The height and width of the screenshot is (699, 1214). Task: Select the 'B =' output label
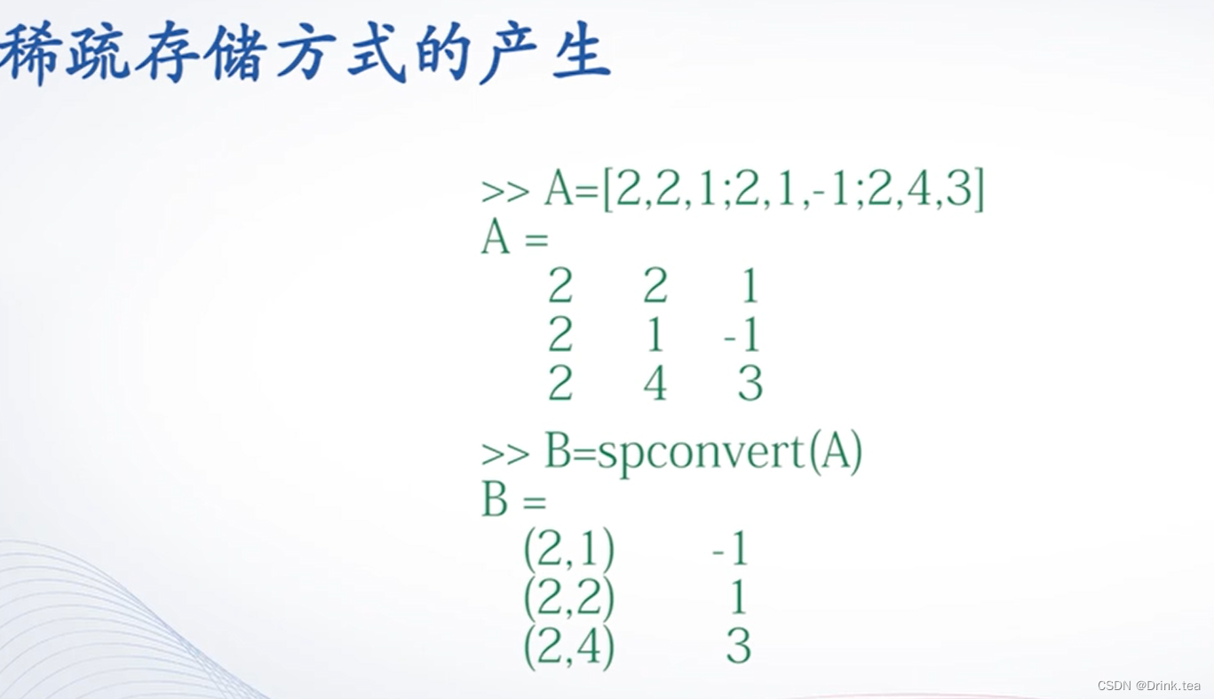tap(513, 502)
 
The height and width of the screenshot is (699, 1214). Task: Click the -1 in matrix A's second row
tap(742, 336)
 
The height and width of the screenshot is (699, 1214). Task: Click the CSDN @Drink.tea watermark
tap(1148, 686)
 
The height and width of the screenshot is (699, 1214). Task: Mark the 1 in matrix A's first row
tap(750, 287)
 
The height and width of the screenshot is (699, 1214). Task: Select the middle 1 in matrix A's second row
tap(655, 336)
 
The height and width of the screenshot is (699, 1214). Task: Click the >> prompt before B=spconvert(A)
tap(505, 454)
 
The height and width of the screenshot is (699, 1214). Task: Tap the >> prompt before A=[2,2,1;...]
tap(505, 192)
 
